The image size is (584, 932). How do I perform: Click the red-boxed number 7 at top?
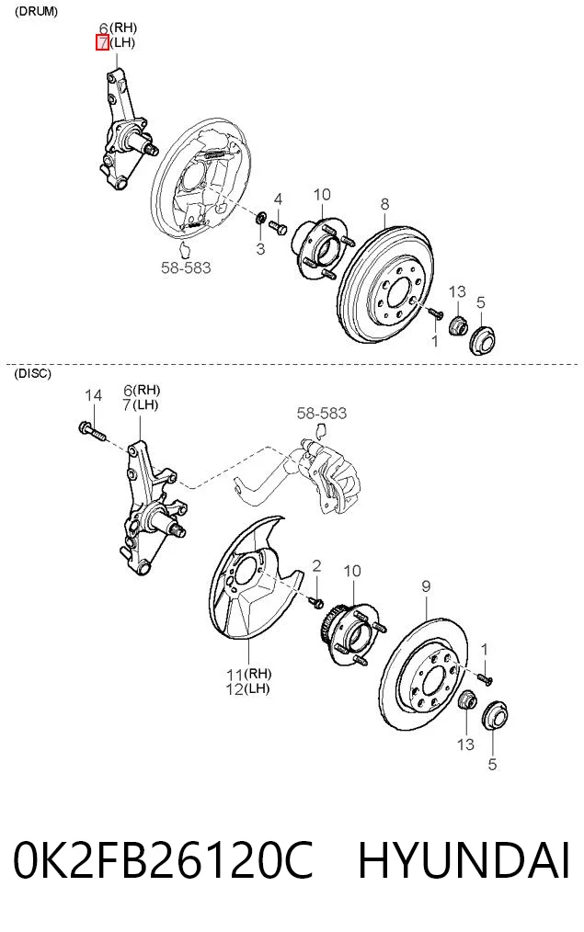tap(102, 43)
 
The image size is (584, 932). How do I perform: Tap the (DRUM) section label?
tap(36, 12)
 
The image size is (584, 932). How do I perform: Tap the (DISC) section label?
tap(33, 374)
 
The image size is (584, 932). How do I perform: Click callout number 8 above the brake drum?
tap(384, 204)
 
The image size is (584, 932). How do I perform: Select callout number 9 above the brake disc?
tap(426, 586)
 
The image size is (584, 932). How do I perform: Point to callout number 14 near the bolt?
tap(93, 396)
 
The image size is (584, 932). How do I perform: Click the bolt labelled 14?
tap(92, 430)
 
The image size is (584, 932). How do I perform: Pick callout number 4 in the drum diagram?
tap(278, 199)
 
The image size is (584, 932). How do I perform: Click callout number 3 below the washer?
tap(260, 248)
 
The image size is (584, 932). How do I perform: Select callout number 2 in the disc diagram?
tap(316, 566)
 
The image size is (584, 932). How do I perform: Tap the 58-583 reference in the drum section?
tap(186, 268)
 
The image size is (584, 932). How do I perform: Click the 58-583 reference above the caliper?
tap(322, 413)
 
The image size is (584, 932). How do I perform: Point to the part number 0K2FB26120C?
tap(163, 860)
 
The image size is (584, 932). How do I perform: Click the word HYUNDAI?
tap(464, 860)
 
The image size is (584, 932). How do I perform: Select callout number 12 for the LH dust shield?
tap(235, 689)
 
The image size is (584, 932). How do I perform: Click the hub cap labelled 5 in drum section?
tap(482, 341)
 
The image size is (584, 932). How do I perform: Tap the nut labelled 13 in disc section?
tap(467, 700)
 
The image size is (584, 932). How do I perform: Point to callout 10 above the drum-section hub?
tap(322, 195)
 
